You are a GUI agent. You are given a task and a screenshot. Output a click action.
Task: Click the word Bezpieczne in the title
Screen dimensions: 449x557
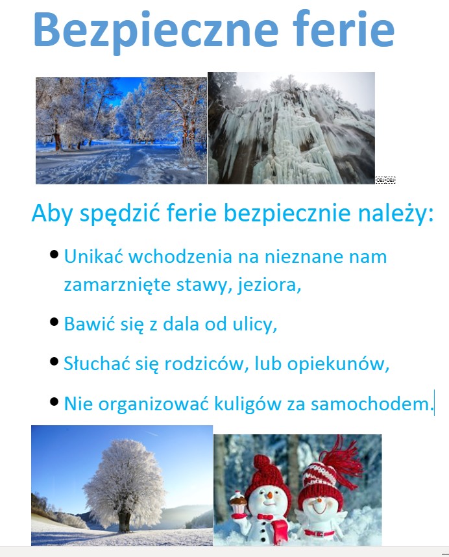(156, 32)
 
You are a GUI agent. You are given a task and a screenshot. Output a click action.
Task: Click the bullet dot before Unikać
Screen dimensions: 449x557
(55, 254)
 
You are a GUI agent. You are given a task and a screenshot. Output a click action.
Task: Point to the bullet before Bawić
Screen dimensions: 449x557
(55, 322)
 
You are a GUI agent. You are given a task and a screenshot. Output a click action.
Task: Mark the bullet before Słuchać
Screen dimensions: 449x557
(55, 362)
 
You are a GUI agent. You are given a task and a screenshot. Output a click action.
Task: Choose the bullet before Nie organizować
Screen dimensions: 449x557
(55, 402)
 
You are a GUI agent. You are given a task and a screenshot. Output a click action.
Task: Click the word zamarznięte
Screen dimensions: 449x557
(117, 285)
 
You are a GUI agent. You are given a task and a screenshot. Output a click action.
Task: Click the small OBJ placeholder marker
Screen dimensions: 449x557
(385, 180)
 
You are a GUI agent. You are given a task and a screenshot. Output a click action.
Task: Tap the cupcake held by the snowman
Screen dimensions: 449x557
(238, 499)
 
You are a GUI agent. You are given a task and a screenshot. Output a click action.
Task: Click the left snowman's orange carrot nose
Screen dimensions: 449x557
(270, 495)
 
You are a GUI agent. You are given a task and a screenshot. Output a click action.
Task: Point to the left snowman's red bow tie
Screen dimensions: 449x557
(265, 517)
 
